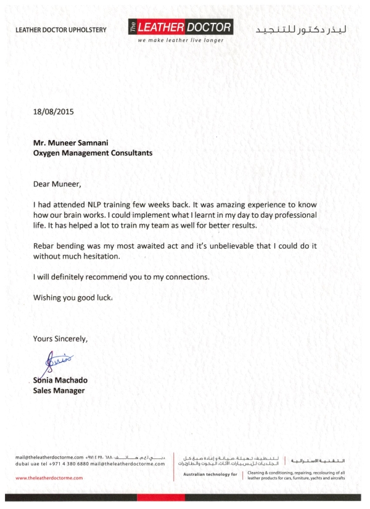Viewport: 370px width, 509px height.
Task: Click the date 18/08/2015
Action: pos(53,112)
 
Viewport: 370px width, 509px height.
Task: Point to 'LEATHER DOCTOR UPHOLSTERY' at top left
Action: pos(61,30)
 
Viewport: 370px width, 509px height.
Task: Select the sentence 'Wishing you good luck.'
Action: pos(73,298)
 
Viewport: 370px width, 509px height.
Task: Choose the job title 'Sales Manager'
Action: pos(58,391)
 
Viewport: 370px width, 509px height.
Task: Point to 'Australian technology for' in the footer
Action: pos(209,474)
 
